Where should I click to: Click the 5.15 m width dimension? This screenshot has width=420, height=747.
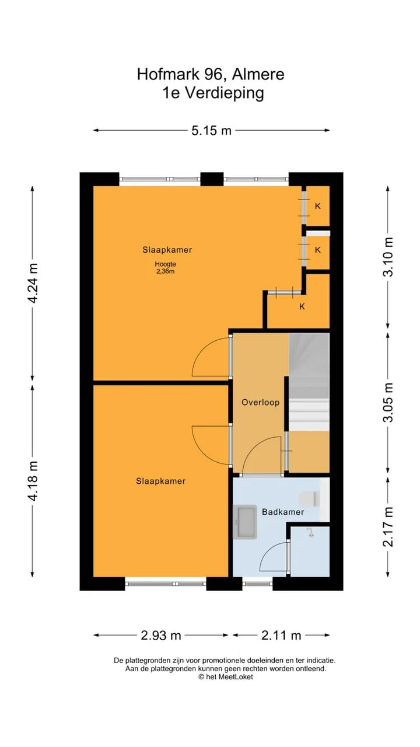[211, 130]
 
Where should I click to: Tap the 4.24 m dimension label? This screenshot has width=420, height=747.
[33, 283]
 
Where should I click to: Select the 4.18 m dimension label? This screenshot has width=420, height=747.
[33, 481]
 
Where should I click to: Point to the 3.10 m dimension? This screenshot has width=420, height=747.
[388, 257]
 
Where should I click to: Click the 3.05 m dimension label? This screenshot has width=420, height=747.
[388, 403]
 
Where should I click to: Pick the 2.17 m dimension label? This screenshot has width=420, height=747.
[388, 527]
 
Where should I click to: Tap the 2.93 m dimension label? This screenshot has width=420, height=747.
[160, 636]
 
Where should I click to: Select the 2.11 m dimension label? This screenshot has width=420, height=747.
[281, 636]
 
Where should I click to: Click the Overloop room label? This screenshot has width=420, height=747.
[260, 402]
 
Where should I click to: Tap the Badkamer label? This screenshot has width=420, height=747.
[283, 512]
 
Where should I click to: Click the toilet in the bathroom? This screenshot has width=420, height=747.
[310, 499]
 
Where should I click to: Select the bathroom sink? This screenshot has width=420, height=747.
[245, 522]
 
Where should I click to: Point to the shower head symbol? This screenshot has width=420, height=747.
[310, 533]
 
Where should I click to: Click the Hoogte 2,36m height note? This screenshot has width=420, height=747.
[165, 267]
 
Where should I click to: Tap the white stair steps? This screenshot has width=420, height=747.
[309, 415]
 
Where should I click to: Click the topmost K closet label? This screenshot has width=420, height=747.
[318, 206]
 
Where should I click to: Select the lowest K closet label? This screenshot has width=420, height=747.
[302, 306]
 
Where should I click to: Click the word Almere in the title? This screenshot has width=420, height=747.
[258, 74]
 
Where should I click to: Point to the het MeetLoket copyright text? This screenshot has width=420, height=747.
[226, 676]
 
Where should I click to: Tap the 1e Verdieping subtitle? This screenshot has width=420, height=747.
[213, 93]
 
